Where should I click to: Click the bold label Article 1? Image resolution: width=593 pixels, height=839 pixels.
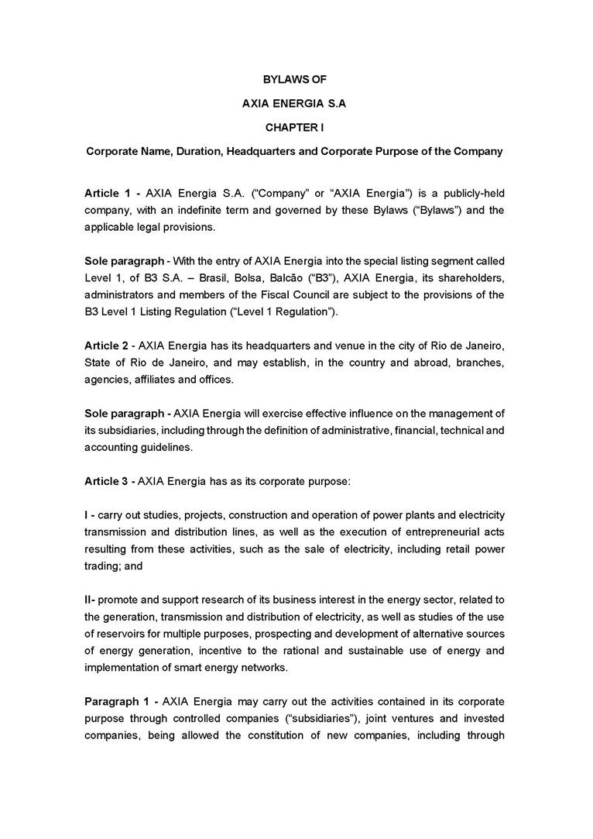point(106,192)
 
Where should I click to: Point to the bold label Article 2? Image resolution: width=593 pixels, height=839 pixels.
point(106,344)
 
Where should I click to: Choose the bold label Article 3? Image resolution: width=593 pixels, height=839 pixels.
point(106,481)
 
